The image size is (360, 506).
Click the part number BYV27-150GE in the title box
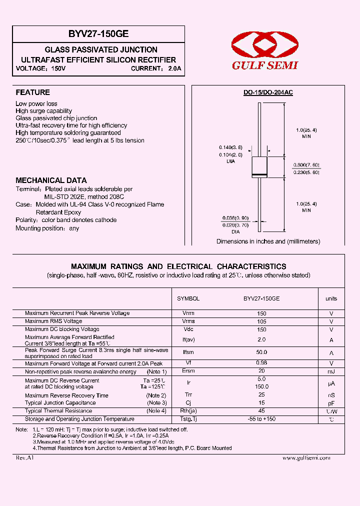[x=98, y=34]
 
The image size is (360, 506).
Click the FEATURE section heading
[x=32, y=92]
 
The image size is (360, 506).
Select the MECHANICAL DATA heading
[x=51, y=180]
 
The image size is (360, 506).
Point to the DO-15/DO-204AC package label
[x=268, y=93]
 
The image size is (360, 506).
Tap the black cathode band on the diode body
[x=259, y=174]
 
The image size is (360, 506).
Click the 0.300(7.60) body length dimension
[x=307, y=165]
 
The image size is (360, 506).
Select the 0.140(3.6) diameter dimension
[x=230, y=147]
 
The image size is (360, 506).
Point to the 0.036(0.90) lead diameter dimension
[x=235, y=218]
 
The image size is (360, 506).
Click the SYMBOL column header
[x=188, y=298]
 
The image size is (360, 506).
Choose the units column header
[x=331, y=298]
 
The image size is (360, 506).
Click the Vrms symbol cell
[x=188, y=321]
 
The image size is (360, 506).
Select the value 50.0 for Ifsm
[x=261, y=352]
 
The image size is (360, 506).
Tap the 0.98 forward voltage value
[x=261, y=363]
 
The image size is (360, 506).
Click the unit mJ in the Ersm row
[x=331, y=371]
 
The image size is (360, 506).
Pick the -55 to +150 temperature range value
[x=261, y=419]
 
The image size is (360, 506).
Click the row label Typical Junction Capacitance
[x=60, y=402]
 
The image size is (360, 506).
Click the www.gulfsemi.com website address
[x=306, y=458]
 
